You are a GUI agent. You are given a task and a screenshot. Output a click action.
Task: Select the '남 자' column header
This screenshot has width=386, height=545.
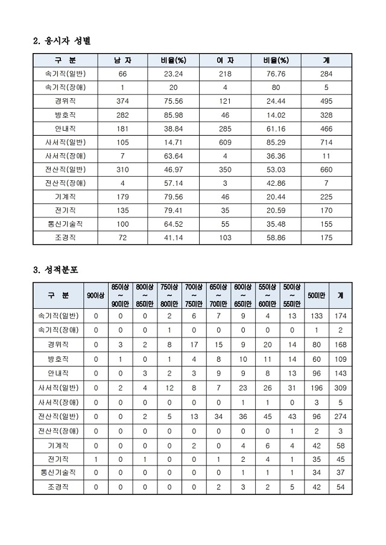122,60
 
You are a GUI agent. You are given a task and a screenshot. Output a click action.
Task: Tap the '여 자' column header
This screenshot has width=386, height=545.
225,60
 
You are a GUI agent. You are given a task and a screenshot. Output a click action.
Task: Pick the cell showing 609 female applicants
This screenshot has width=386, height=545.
225,142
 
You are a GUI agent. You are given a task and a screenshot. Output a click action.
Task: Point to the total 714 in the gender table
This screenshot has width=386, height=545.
326,142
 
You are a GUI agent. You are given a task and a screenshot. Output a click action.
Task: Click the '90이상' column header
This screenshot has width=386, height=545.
96,295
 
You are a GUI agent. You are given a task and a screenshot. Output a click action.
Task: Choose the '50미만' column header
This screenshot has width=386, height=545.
316,295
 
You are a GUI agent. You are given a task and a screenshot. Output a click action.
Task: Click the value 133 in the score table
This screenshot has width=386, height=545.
316,316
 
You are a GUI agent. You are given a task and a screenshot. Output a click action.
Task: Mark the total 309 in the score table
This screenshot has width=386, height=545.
341,387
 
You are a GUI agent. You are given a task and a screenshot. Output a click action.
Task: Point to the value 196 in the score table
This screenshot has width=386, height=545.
316,387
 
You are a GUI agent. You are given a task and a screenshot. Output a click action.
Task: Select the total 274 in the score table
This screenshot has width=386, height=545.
341,416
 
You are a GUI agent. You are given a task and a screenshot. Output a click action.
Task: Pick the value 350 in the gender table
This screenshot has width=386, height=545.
225,169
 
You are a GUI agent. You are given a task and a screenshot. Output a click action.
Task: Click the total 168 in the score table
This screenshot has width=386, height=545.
341,344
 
